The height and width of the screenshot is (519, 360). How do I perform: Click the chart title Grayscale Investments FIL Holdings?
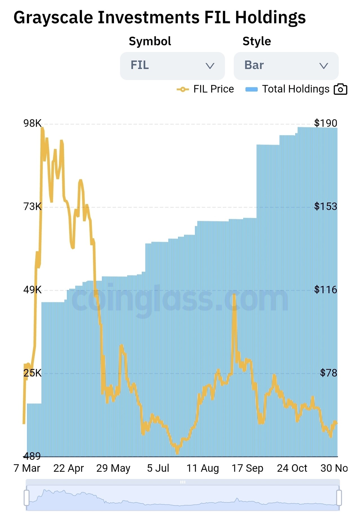(159, 17)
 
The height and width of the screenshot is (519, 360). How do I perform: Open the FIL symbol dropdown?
(172, 66)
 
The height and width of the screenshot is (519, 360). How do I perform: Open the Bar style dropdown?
(286, 66)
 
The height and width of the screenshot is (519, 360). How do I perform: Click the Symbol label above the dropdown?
(150, 41)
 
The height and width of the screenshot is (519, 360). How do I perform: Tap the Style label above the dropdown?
(256, 41)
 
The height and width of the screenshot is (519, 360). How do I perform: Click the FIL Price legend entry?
(205, 89)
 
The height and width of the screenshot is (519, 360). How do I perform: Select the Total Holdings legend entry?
(287, 89)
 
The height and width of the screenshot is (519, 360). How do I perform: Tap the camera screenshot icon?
(340, 89)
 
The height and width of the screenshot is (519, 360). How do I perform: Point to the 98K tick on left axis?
(32, 123)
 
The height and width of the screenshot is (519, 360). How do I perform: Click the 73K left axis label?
(32, 206)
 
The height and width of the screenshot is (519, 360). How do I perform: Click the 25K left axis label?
(32, 373)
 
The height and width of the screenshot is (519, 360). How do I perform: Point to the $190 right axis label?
(325, 123)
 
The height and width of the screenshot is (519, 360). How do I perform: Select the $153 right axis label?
(325, 206)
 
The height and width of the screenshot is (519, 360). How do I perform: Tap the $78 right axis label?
(328, 373)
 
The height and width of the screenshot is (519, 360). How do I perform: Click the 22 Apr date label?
(68, 468)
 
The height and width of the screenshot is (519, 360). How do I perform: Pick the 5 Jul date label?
(158, 468)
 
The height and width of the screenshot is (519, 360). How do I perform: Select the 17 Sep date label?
(247, 468)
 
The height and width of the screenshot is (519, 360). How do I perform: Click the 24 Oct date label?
(292, 468)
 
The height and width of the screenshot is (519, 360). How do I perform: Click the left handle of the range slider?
(27, 498)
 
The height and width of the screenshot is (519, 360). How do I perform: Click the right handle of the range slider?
(339, 498)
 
